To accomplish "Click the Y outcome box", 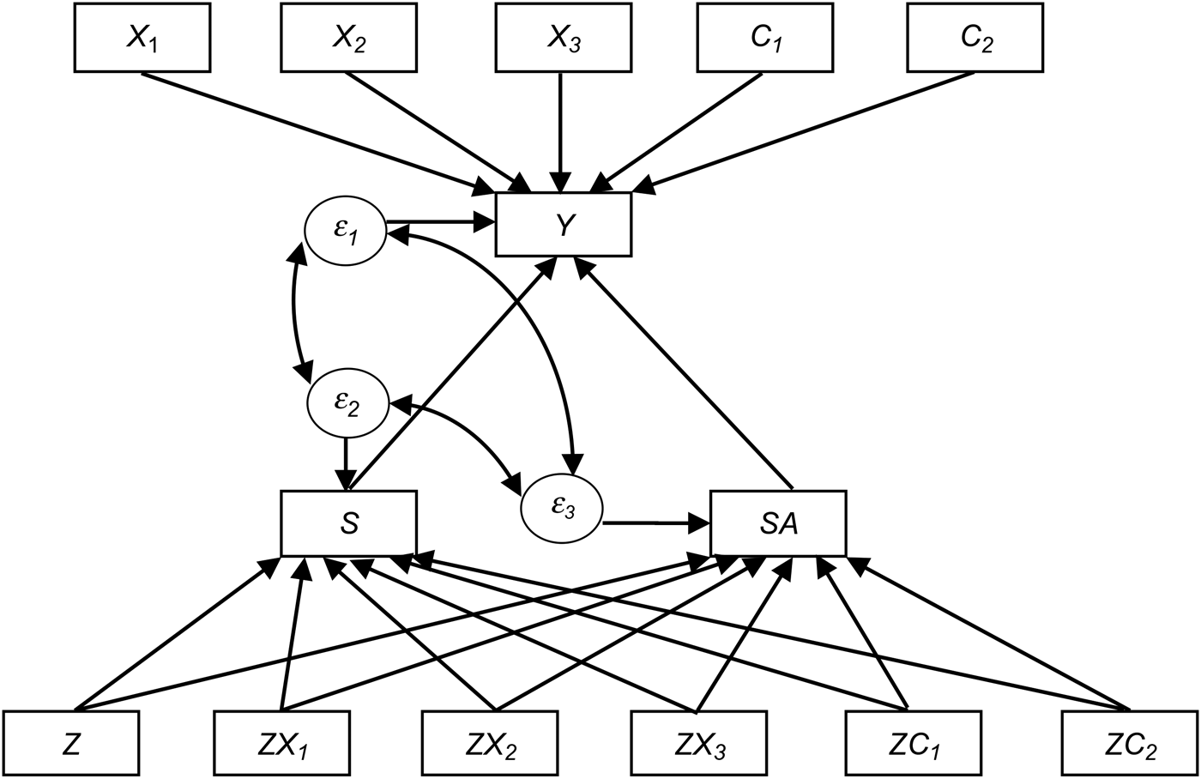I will (x=563, y=224).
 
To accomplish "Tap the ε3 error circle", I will (x=562, y=506).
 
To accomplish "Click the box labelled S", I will (x=349, y=522).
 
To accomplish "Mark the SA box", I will (x=779, y=522).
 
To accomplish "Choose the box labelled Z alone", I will (x=72, y=743).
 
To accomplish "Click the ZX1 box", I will (x=281, y=743).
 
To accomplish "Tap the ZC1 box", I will (x=914, y=743).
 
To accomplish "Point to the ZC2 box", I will (x=1129, y=743).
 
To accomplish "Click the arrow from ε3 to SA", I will (x=657, y=521).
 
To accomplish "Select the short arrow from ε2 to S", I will (x=345, y=462).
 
